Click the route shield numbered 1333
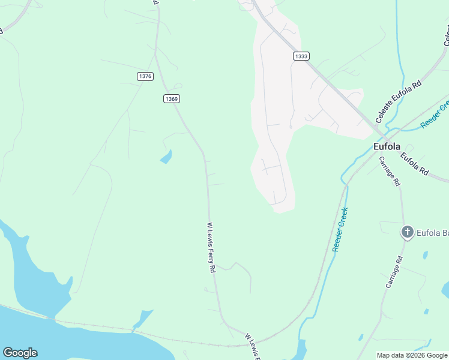[x=301, y=56]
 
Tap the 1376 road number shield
[x=145, y=76]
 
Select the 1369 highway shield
[x=172, y=98]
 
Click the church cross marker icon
[x=407, y=232]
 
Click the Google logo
[x=20, y=353]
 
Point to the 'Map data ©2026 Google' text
[x=412, y=355]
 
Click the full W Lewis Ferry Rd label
[x=211, y=248]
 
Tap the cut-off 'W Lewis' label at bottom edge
[x=254, y=347]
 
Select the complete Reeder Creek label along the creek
[x=340, y=229]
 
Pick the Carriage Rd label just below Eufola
[x=389, y=171]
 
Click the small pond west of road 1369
[x=166, y=157]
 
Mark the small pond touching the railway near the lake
[x=143, y=319]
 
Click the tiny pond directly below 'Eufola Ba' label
[x=426, y=255]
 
